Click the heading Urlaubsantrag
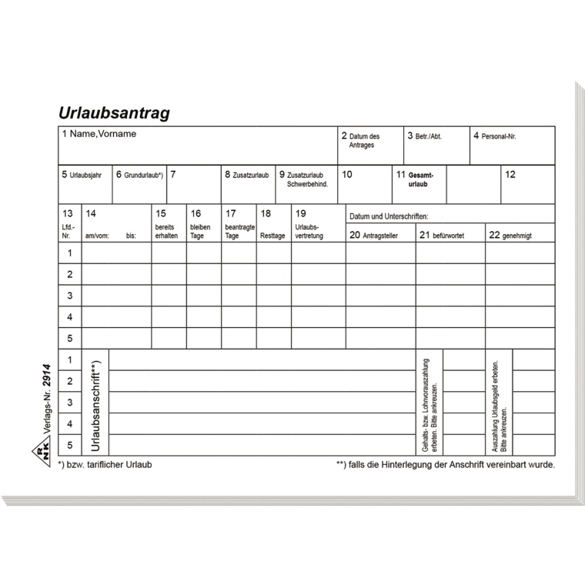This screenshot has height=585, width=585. [114, 113]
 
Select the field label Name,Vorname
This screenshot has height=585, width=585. [102, 134]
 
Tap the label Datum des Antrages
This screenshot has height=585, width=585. [364, 140]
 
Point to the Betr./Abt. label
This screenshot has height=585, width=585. [428, 136]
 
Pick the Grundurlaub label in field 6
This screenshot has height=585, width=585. [142, 175]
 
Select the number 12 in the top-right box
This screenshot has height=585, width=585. [510, 175]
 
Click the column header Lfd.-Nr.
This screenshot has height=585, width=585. [68, 232]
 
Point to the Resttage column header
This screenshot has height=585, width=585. [272, 236]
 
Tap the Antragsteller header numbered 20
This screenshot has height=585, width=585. [379, 236]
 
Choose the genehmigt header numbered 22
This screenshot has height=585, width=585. [516, 236]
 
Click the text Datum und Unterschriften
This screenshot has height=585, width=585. [389, 217]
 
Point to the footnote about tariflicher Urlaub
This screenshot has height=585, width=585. [105, 465]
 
